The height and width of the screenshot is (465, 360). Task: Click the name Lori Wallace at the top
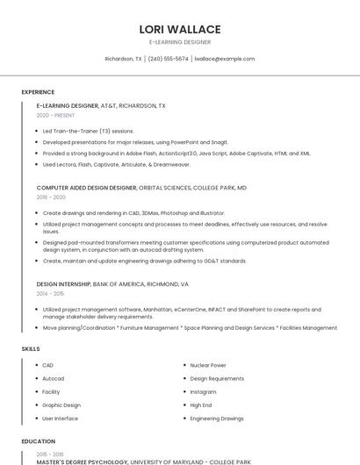(180, 29)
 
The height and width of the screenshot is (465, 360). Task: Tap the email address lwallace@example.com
(224, 59)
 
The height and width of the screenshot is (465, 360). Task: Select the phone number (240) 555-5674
(168, 59)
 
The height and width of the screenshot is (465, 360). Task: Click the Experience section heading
(38, 91)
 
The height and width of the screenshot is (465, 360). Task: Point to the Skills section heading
(31, 349)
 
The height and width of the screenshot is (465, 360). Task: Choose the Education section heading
(38, 441)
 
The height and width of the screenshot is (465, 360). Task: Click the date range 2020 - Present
(56, 115)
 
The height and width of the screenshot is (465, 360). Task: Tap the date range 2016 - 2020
(51, 197)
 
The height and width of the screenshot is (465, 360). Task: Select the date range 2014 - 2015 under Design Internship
(51, 295)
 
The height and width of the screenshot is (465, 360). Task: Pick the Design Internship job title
(64, 285)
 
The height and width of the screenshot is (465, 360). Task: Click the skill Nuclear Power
(208, 365)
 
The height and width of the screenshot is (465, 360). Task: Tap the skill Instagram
(203, 391)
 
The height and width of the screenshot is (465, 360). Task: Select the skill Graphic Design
(61, 404)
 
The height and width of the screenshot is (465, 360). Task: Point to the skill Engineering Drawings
(217, 418)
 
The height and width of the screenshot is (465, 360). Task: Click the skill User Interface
(60, 418)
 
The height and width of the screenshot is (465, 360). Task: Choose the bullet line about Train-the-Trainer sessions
(88, 131)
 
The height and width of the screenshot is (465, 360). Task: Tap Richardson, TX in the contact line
(123, 59)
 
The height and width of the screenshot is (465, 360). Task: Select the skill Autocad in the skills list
(53, 378)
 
